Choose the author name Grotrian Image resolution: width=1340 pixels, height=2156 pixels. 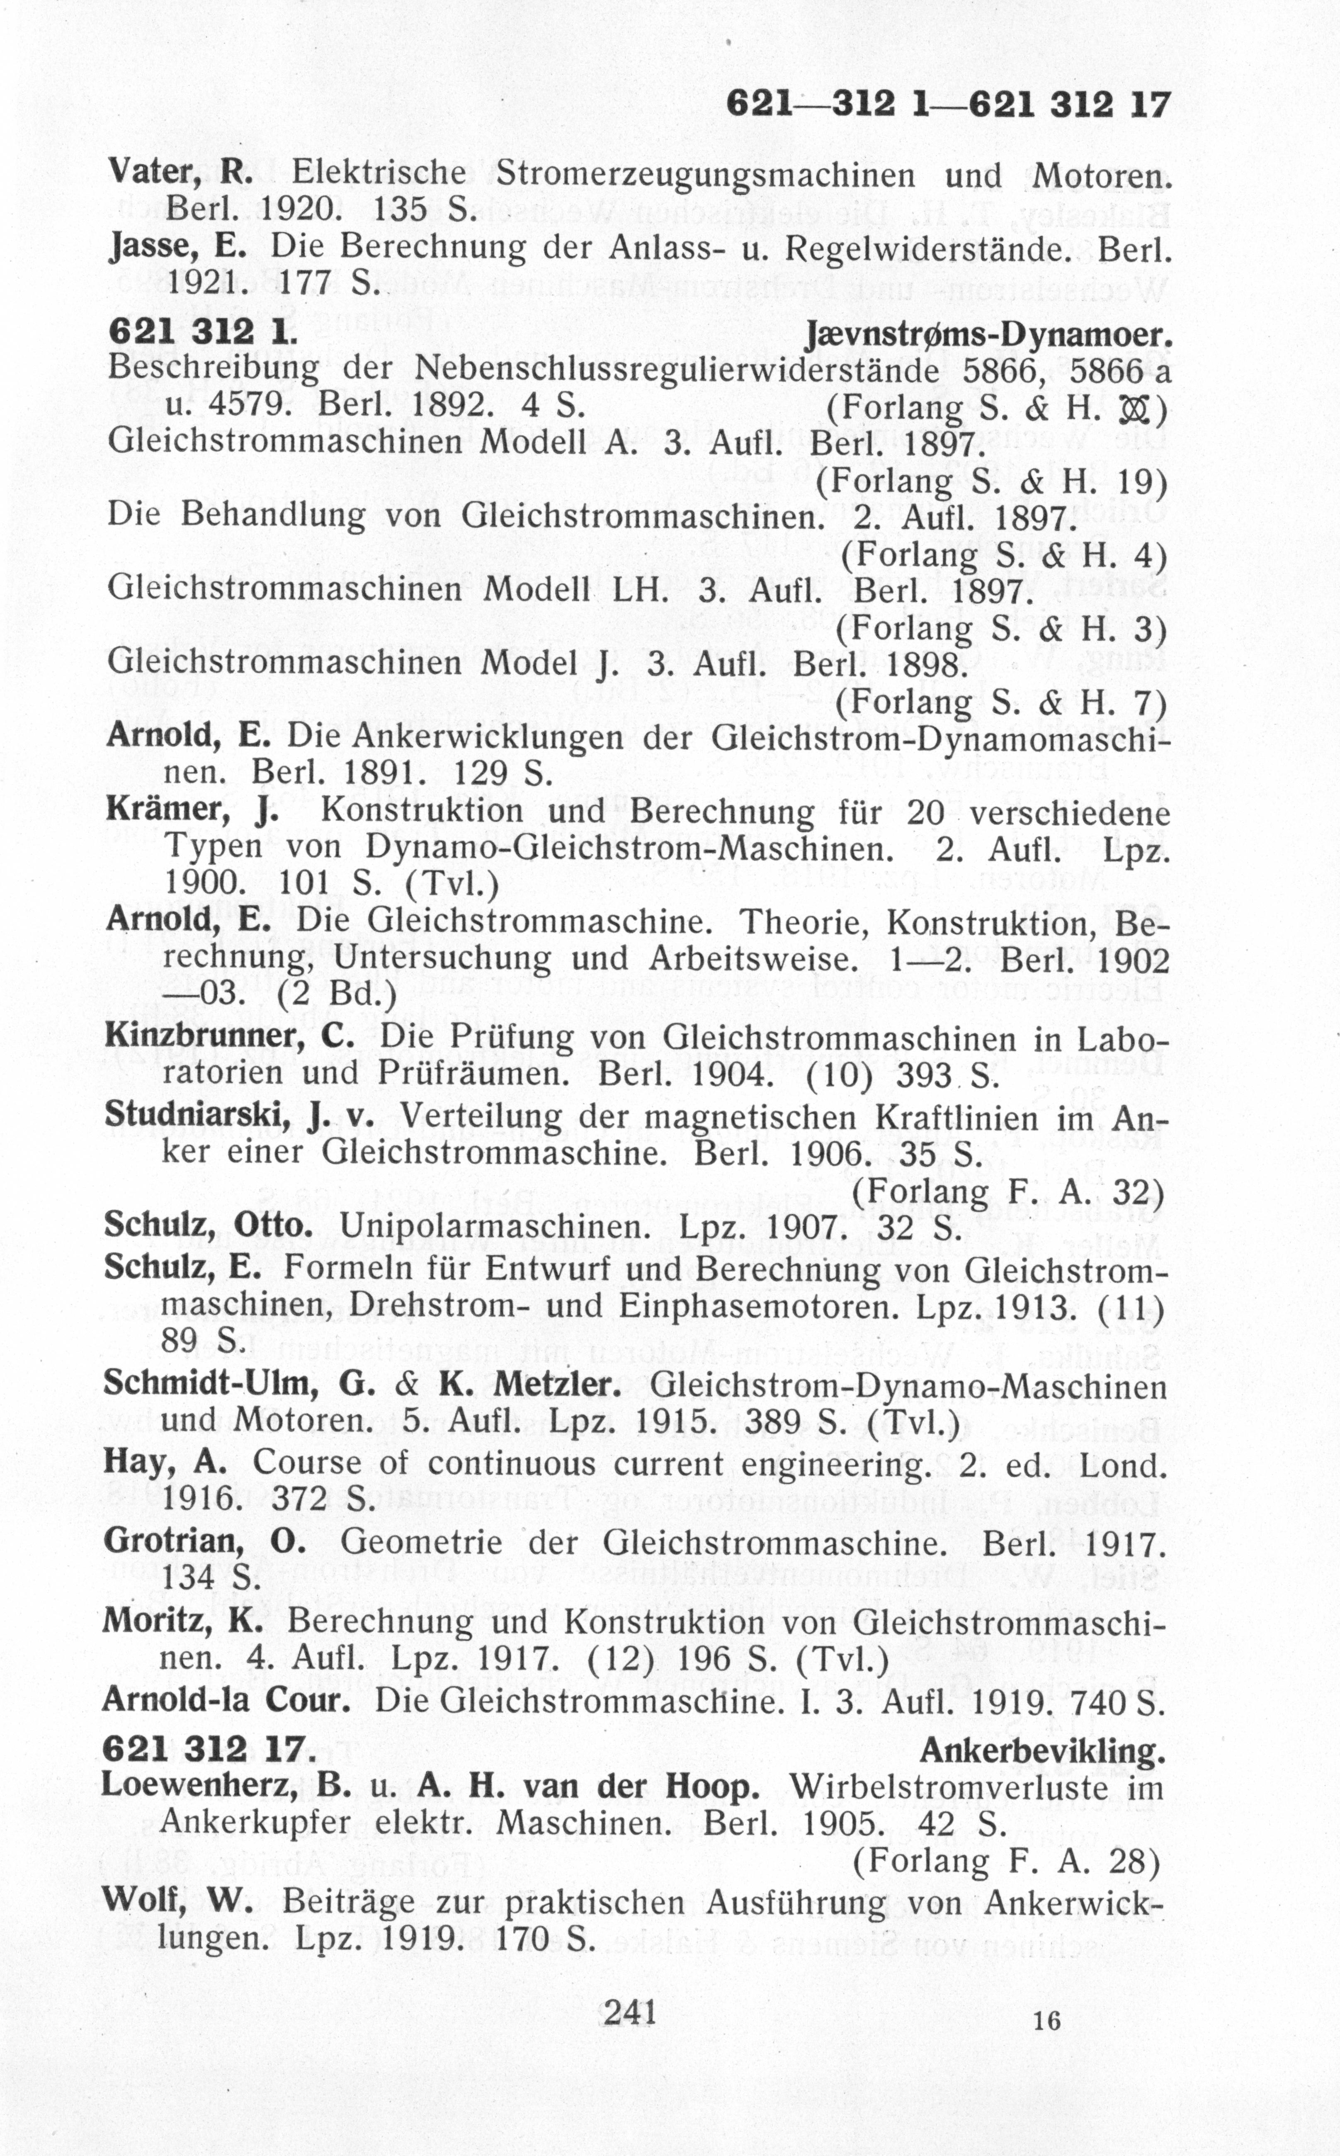pos(173,1543)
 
